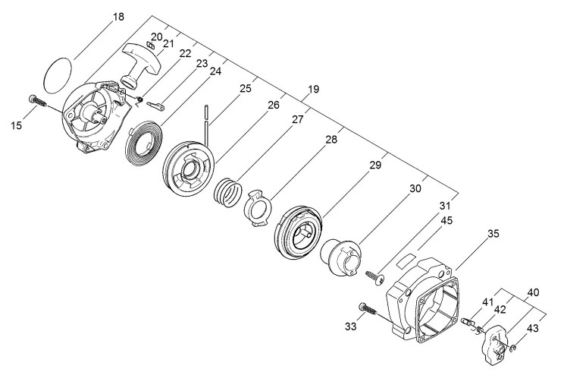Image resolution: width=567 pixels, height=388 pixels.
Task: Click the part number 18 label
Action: click(x=118, y=17)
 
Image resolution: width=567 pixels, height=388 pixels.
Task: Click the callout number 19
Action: click(x=313, y=89)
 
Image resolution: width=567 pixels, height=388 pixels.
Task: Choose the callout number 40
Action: click(x=533, y=292)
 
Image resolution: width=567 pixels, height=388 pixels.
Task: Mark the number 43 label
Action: click(x=534, y=328)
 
